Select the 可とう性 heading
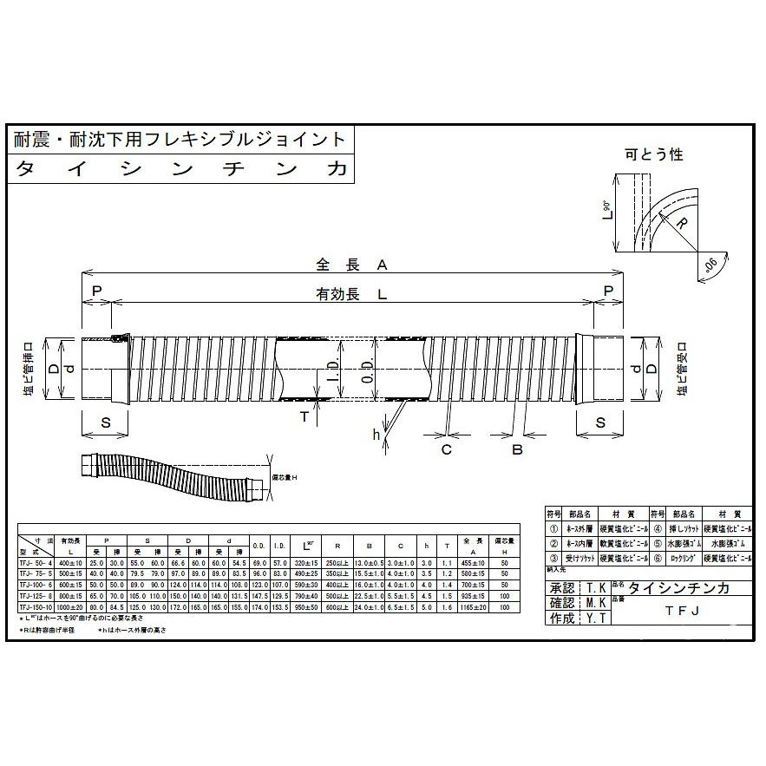[653, 154]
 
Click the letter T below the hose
[305, 416]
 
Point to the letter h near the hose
[376, 435]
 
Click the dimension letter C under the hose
[447, 449]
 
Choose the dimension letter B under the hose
[517, 449]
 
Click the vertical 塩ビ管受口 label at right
[674, 369]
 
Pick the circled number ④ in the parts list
[658, 527]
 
